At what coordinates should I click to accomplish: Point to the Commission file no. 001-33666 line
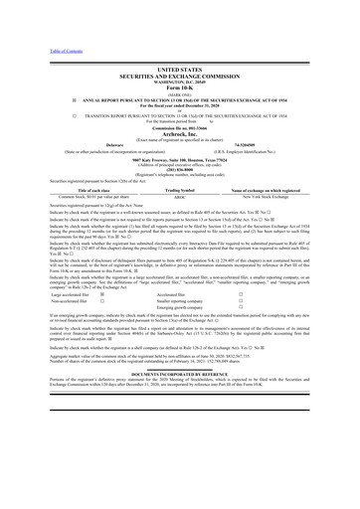tap(179, 128)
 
